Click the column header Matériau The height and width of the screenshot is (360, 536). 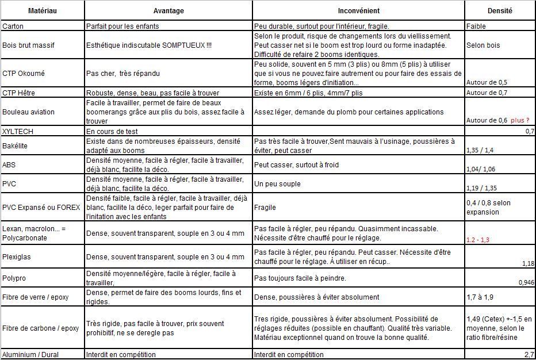43,10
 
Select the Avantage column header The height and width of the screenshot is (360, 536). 169,10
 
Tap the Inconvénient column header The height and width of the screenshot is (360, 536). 358,10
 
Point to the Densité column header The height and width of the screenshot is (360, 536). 499,10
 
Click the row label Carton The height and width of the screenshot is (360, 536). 13,26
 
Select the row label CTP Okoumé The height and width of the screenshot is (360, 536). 24,74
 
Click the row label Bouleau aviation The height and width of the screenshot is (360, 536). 28,112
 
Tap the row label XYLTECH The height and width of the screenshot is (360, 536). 18,132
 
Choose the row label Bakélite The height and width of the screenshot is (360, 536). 16,146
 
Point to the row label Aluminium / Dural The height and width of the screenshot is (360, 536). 30,355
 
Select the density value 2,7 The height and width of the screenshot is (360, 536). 529,355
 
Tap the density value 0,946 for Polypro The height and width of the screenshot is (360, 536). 526,282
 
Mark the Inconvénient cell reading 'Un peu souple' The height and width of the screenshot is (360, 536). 277,184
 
